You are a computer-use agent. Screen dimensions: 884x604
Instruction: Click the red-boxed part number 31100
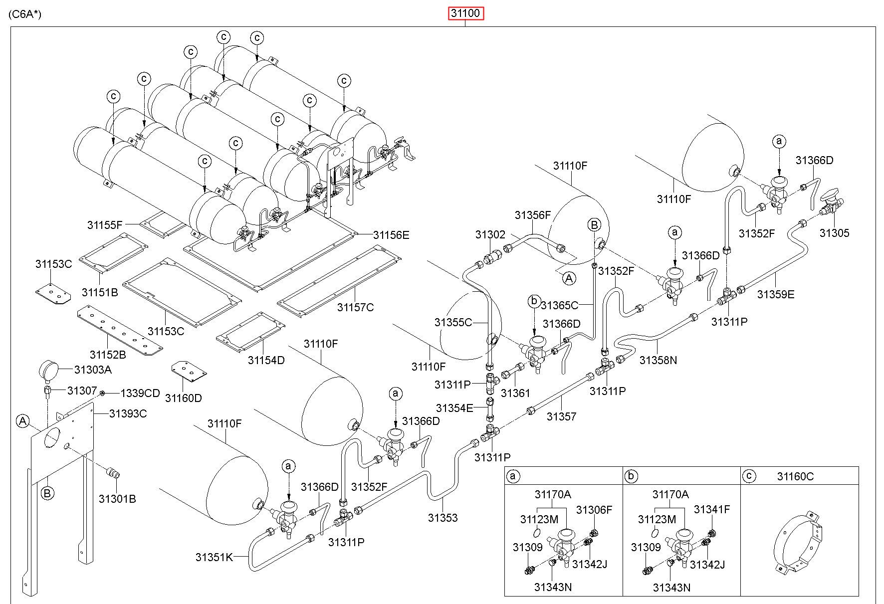(465, 13)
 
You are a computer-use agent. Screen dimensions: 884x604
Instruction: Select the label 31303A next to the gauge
(93, 370)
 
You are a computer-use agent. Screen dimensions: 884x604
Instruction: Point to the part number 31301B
(117, 499)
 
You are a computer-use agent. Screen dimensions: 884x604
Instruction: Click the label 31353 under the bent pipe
(442, 518)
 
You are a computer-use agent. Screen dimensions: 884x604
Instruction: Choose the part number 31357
(561, 416)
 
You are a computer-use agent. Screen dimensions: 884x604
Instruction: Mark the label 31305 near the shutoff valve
(834, 233)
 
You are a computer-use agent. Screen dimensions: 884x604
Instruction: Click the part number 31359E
(776, 294)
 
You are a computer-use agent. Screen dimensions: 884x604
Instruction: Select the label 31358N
(659, 360)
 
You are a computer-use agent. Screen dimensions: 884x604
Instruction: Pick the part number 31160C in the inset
(795, 477)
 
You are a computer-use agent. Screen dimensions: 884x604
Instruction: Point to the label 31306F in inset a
(594, 510)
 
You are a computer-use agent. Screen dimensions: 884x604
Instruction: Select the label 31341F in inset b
(712, 509)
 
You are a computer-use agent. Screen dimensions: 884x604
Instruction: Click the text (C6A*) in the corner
(25, 13)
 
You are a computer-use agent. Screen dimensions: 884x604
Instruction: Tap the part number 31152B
(108, 355)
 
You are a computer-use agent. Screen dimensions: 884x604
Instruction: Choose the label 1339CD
(140, 393)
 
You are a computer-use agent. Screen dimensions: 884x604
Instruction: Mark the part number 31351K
(214, 557)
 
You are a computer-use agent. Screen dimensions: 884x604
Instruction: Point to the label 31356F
(533, 215)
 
